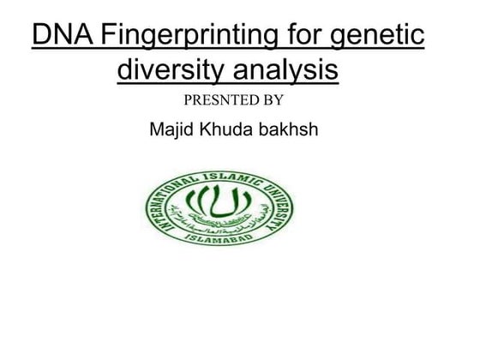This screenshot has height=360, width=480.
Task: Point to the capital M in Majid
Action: coord(156,131)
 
